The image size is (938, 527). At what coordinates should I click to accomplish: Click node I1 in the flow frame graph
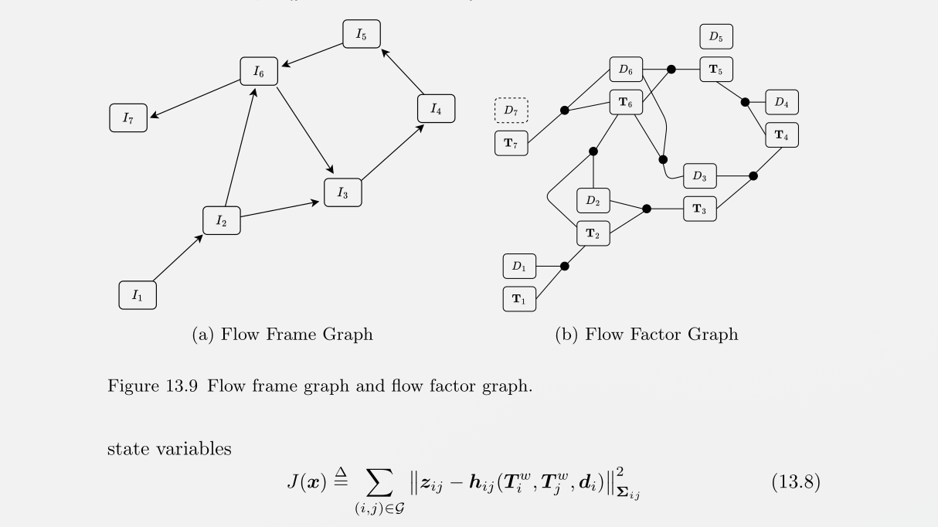[x=138, y=295]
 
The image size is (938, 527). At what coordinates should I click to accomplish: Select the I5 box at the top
[x=362, y=34]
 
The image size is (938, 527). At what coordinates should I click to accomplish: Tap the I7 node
[x=128, y=118]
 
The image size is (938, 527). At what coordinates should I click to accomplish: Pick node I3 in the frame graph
[x=343, y=193]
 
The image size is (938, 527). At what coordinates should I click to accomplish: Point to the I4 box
[x=437, y=109]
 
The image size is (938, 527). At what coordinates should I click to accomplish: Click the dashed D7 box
[x=511, y=110]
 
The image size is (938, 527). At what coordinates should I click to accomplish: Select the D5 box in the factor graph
[x=716, y=37]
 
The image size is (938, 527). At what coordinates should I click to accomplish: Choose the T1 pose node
[x=519, y=300]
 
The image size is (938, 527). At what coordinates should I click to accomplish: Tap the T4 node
[x=781, y=135]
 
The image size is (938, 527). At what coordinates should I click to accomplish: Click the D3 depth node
[x=699, y=177]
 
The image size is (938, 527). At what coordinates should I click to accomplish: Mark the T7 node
[x=511, y=144]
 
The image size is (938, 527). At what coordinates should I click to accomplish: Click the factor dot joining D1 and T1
[x=564, y=266]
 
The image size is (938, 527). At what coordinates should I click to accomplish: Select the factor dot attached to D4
[x=745, y=102]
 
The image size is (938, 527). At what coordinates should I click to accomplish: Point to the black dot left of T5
[x=671, y=70]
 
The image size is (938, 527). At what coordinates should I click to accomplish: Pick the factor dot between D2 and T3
[x=647, y=209]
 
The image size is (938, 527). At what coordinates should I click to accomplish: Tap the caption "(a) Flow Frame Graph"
[x=281, y=334]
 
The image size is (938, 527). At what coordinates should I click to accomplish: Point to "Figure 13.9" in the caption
[x=141, y=386]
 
